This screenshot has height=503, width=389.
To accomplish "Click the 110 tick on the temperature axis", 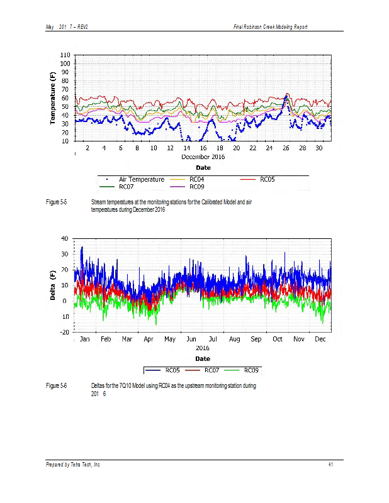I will tap(65, 55).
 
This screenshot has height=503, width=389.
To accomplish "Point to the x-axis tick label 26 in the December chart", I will tap(286, 148).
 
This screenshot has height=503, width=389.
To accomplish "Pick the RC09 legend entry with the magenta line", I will tap(201, 186).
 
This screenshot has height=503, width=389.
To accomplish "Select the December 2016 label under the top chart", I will tap(203, 157).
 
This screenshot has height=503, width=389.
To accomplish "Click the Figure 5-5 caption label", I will tap(57, 202).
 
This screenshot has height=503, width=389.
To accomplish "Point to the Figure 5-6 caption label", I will tap(57, 385).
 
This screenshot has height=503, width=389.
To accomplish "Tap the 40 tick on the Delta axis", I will tap(65, 238).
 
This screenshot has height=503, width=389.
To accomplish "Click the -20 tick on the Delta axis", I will tap(64, 332).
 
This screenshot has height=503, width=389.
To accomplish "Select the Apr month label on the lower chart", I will tap(149, 339).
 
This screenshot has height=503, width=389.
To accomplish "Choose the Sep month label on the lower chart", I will tap(256, 339).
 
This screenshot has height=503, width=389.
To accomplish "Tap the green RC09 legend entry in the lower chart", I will tap(251, 370).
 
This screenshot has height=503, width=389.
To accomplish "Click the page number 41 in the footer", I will tap(330, 465).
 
